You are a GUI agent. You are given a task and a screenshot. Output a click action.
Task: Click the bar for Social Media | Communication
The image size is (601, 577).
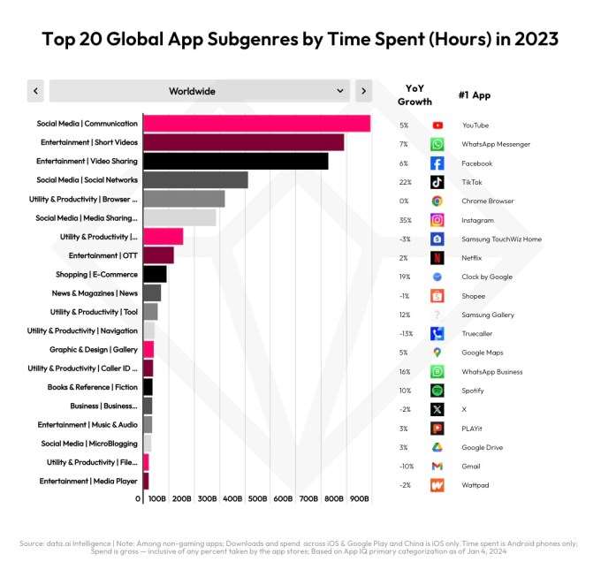tap(256, 124)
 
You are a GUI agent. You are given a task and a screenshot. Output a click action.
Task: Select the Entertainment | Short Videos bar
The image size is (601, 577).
tap(243, 142)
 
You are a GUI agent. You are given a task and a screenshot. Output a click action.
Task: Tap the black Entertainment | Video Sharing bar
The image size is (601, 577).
tap(235, 161)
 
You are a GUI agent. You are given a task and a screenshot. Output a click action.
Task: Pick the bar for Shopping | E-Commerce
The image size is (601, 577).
tap(155, 274)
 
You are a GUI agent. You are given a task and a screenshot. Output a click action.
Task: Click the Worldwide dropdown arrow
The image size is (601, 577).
tap(341, 91)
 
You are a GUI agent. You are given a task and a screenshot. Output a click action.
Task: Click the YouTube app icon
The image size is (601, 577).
tap(437, 125)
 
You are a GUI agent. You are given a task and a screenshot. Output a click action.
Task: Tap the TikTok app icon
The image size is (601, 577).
tap(437, 182)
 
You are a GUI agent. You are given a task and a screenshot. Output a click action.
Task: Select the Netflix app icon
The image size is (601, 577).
tap(437, 258)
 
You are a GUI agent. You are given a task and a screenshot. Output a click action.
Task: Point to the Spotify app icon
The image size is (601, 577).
tap(437, 391)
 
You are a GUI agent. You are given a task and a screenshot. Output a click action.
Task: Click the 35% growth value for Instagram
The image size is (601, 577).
tap(404, 220)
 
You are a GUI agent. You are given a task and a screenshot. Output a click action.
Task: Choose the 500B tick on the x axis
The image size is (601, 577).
tap(258, 499)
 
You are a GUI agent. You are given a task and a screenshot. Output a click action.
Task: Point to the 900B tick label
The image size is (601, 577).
tap(360, 499)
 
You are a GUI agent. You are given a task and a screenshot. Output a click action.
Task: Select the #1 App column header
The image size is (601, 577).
tap(475, 95)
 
